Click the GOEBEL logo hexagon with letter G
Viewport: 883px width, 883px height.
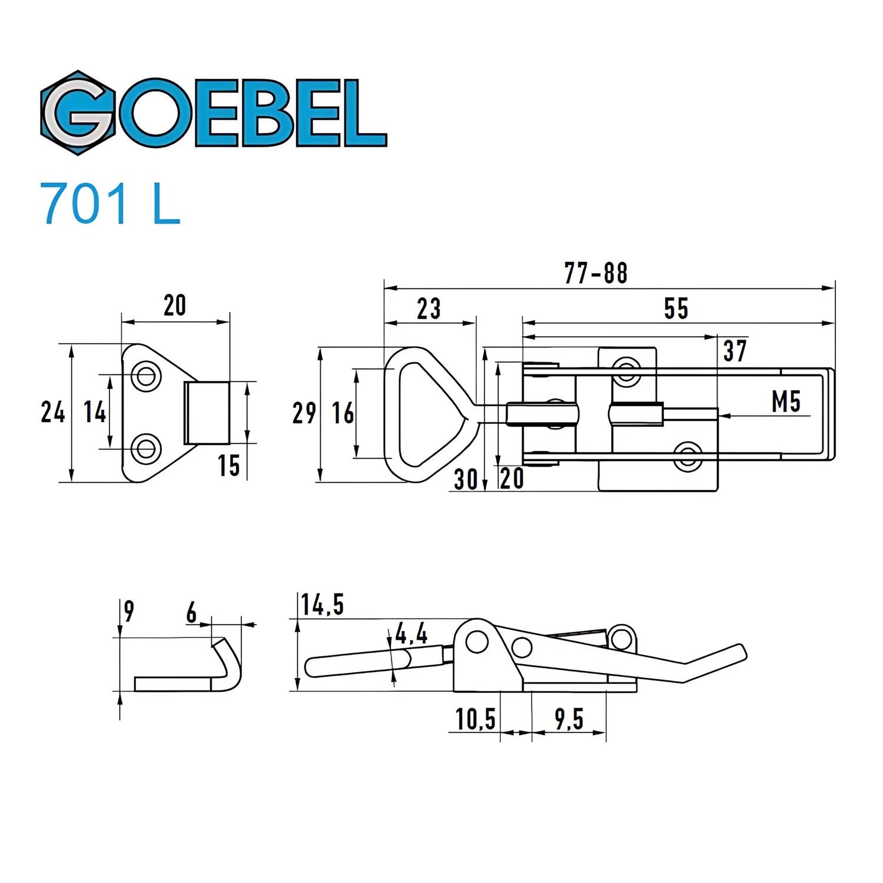point(77,112)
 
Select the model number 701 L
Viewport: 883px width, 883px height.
point(109,204)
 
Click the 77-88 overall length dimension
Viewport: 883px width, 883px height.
point(596,273)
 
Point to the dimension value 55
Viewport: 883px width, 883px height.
point(675,308)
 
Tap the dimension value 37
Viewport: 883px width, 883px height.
point(735,351)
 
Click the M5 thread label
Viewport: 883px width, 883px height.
point(786,402)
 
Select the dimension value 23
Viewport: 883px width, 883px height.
point(429,308)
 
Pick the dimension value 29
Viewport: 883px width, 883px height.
point(304,413)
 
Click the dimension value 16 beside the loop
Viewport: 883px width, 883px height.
point(343,413)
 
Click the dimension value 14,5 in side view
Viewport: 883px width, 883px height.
point(322,605)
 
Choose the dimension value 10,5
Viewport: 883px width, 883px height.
point(475,719)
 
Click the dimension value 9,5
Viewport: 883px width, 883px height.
point(569,719)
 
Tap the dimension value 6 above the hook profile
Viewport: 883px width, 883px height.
point(192,613)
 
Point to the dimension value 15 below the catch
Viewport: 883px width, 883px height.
point(229,466)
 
